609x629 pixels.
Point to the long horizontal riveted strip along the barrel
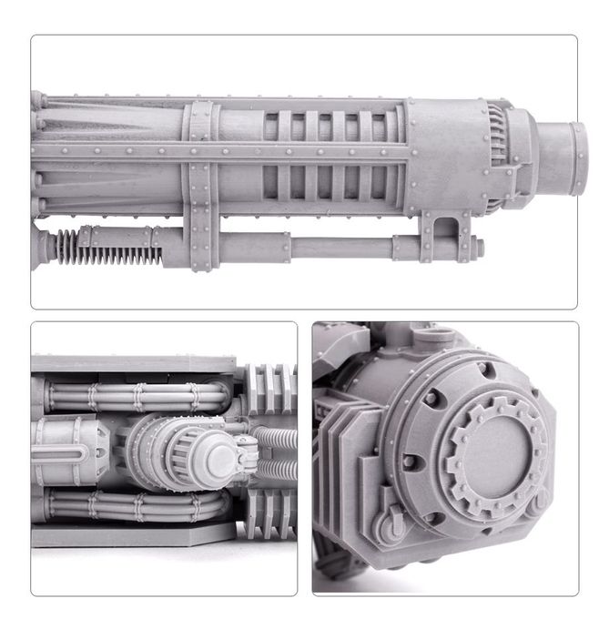(x=300, y=150)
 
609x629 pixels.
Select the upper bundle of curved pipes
(x=137, y=396)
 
